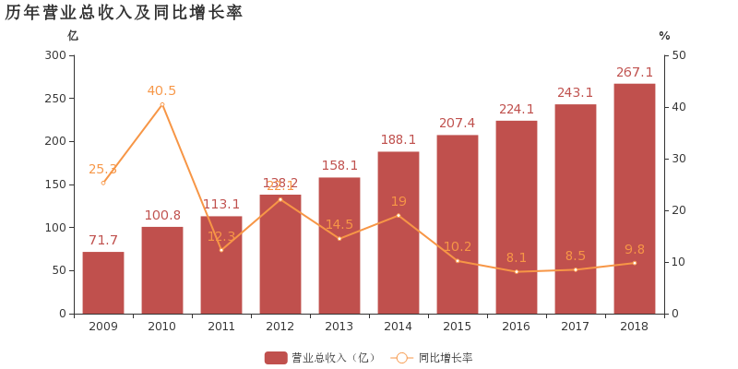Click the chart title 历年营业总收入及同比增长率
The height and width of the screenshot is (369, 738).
(x=124, y=12)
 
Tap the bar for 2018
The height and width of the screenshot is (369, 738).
(x=635, y=198)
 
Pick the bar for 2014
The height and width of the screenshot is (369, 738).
(x=399, y=232)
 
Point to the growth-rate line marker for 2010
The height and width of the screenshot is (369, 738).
(x=162, y=104)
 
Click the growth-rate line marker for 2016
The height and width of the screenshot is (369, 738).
(x=517, y=271)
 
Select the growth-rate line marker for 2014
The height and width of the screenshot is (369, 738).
(x=399, y=215)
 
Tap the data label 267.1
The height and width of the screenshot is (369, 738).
(x=635, y=72)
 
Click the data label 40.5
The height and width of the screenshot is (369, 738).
(x=161, y=90)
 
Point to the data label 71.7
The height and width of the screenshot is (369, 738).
(x=103, y=241)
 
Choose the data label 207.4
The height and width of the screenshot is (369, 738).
(x=458, y=124)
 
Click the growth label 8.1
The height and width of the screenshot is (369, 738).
(x=517, y=258)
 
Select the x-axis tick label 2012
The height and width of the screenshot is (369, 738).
(x=280, y=327)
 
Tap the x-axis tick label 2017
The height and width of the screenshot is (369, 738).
(x=576, y=327)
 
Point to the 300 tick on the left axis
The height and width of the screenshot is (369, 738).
(x=55, y=55)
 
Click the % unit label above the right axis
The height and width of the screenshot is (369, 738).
(x=664, y=36)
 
